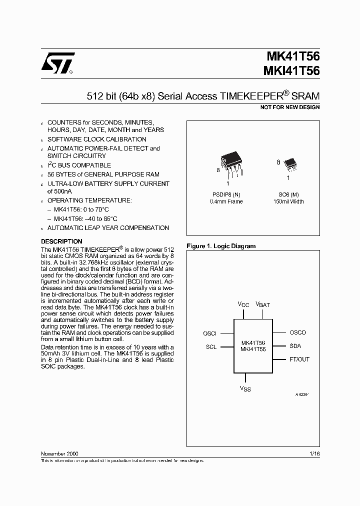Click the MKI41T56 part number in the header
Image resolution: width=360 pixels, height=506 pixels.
[291, 71]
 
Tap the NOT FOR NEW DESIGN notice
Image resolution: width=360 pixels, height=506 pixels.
[290, 107]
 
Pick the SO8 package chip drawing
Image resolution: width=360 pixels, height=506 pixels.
[289, 162]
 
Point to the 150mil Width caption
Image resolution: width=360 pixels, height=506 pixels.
[288, 201]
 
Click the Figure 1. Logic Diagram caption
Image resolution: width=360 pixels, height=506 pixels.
[220, 246]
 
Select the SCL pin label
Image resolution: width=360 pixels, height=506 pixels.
[211, 347]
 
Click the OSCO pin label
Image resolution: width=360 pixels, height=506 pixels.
[297, 332]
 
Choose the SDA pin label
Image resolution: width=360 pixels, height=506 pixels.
[295, 346]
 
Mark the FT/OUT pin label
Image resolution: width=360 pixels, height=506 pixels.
[299, 359]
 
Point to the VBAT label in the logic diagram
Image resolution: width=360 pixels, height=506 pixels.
[262, 304]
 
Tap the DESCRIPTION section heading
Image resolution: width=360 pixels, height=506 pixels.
[61, 241]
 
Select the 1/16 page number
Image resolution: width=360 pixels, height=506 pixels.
[314, 453]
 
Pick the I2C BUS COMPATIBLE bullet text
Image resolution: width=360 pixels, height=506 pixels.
[79, 165]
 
